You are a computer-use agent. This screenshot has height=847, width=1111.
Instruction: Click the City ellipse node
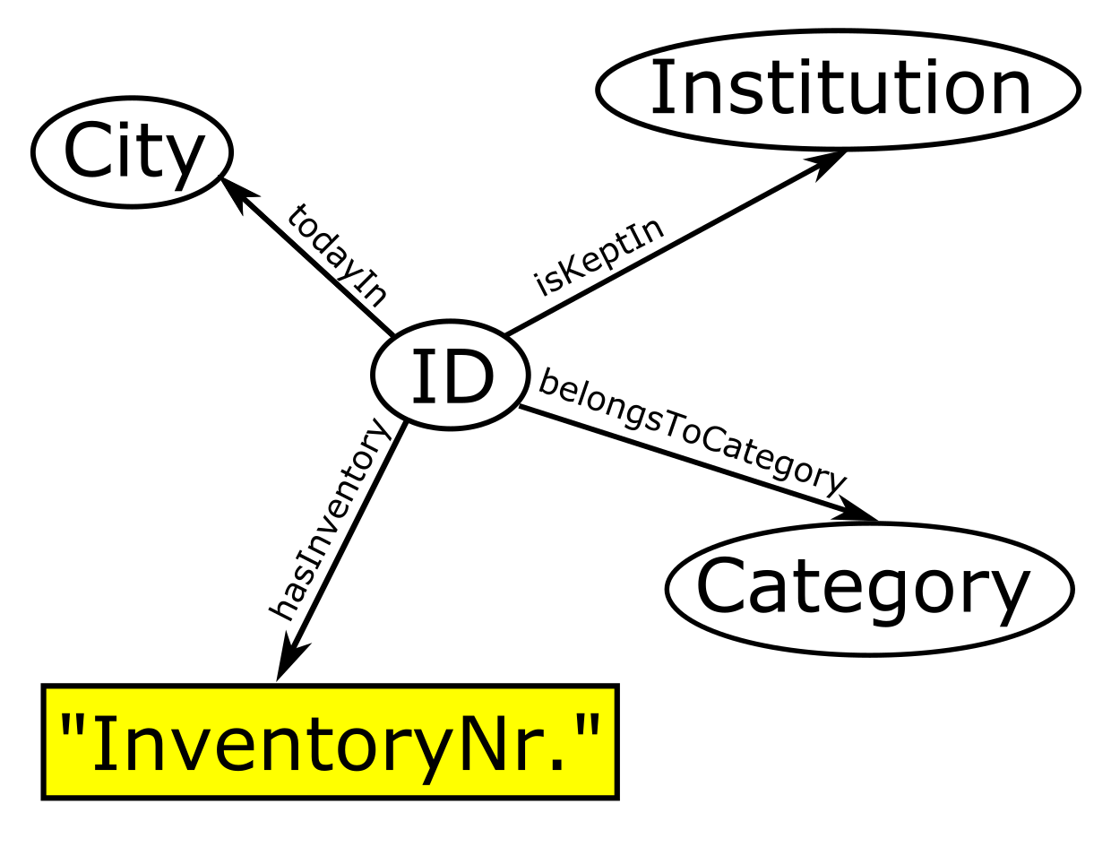tap(133, 151)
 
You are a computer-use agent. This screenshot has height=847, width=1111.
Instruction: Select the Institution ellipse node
tap(838, 90)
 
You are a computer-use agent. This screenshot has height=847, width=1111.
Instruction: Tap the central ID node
tap(450, 376)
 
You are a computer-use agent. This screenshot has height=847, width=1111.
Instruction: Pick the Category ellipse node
tap(868, 589)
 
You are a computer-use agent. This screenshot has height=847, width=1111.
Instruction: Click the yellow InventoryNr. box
tap(330, 742)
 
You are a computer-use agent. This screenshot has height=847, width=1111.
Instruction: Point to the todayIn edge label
tap(338, 255)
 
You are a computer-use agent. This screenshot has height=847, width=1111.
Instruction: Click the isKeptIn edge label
tap(599, 255)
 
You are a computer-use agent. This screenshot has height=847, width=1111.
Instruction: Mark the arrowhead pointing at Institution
tap(826, 163)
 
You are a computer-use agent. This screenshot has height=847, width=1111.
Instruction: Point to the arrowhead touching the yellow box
tap(289, 660)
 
